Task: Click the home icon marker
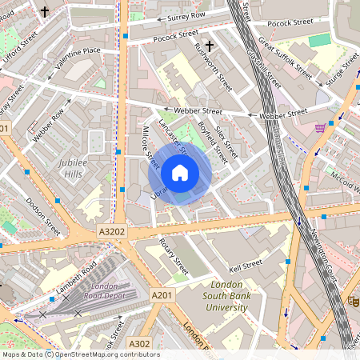point(180,172)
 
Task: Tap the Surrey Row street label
point(187,16)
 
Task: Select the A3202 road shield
point(112,230)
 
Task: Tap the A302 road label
point(139,343)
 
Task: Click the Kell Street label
point(246,264)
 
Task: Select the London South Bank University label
point(228,296)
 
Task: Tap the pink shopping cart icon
point(321,127)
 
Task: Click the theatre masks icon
point(351,301)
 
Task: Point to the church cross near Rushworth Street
point(210,47)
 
